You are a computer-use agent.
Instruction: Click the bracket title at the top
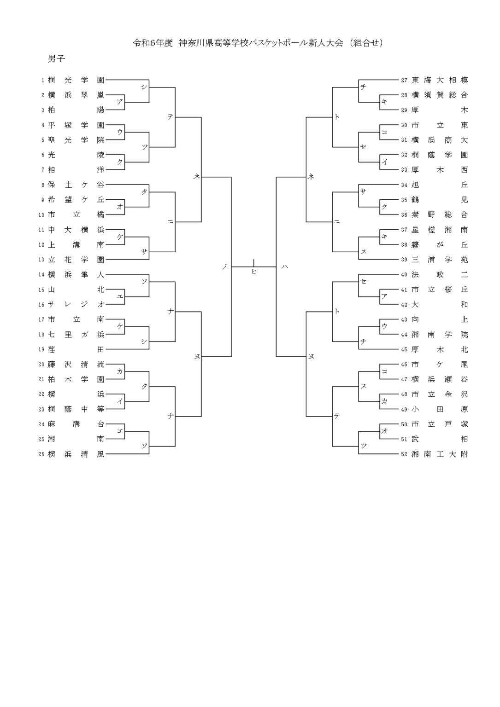(x=258, y=43)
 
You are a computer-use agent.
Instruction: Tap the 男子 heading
(x=56, y=59)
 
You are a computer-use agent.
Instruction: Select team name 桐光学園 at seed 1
(x=76, y=80)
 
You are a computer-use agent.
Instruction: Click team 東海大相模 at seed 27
(x=439, y=80)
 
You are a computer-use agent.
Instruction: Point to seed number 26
(x=41, y=454)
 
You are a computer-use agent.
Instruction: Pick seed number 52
(x=404, y=454)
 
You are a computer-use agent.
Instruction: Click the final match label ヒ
(x=253, y=272)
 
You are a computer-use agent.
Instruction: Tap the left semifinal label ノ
(x=224, y=267)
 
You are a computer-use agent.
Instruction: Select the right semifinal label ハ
(x=284, y=267)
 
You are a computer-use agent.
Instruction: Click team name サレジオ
(x=76, y=304)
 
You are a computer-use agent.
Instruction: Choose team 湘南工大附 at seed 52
(x=439, y=454)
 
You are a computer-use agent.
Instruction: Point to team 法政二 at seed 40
(x=439, y=275)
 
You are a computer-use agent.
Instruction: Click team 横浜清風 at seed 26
(x=76, y=454)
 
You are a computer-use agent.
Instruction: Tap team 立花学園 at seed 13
(x=76, y=260)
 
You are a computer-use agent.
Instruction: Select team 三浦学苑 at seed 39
(x=439, y=260)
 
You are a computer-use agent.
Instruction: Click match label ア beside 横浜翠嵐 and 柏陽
(x=119, y=102)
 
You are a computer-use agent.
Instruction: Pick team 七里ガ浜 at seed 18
(x=76, y=334)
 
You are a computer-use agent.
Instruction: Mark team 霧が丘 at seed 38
(x=439, y=244)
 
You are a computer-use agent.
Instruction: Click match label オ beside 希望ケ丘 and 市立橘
(x=119, y=206)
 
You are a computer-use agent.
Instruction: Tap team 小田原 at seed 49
(x=439, y=409)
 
